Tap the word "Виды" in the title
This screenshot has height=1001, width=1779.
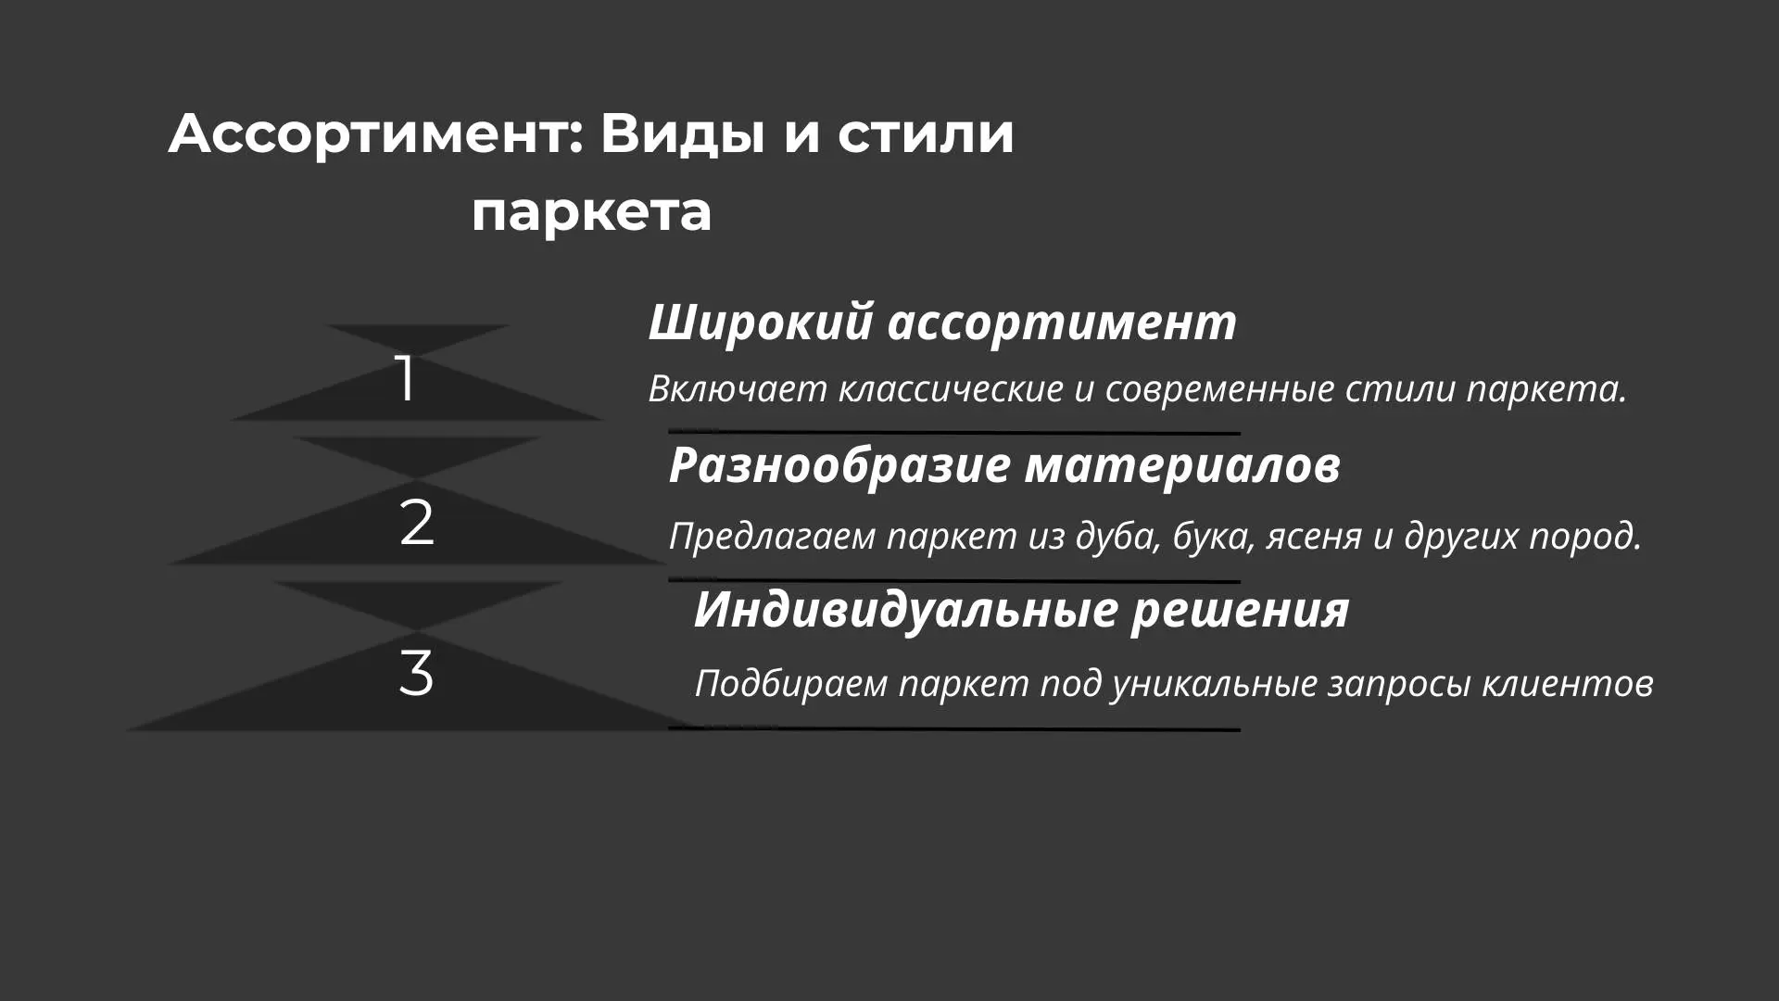click(683, 133)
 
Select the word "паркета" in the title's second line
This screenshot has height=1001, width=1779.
click(591, 213)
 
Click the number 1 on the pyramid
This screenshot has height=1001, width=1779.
click(405, 378)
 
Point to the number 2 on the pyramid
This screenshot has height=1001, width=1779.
click(416, 523)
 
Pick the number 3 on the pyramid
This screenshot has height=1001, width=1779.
click(416, 673)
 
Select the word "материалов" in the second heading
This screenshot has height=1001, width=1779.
click(1182, 464)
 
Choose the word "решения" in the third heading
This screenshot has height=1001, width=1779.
click(1240, 610)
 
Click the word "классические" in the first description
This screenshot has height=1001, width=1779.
click(951, 388)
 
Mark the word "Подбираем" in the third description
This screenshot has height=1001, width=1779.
click(791, 683)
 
